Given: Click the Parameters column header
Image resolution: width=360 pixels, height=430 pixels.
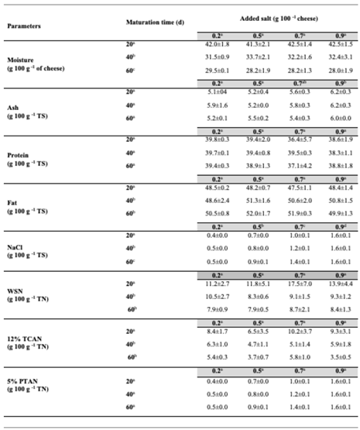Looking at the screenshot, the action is pyautogui.click(x=24, y=26).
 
